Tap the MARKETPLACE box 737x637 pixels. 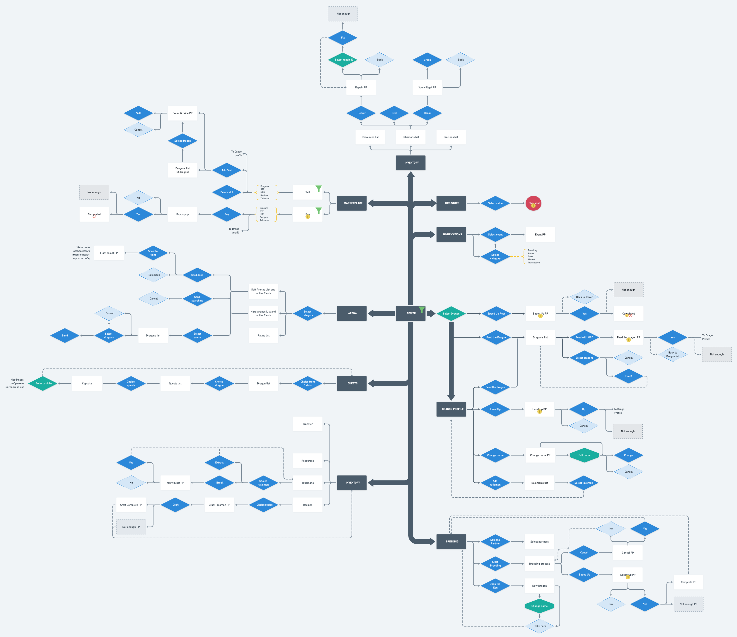(352, 203)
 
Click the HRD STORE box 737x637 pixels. (451, 203)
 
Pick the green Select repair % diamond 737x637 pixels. (343, 60)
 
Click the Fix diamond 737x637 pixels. (343, 38)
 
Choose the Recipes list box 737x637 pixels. (451, 137)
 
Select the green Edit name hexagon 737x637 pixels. (584, 455)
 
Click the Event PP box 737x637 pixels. (540, 235)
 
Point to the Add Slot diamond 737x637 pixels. (226, 170)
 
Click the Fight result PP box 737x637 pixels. (109, 253)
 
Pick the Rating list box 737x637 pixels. (263, 336)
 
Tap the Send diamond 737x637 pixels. (65, 336)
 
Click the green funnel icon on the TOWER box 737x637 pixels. (421, 310)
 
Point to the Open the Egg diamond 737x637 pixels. (495, 586)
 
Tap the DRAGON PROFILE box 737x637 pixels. (451, 409)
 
